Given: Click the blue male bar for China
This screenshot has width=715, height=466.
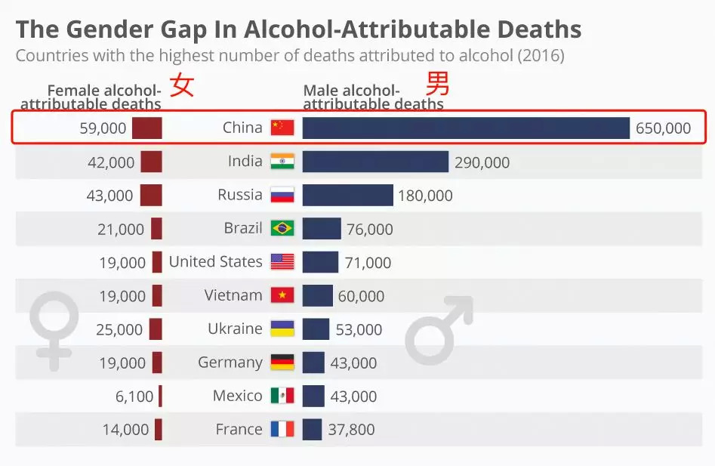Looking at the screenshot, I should [x=466, y=128].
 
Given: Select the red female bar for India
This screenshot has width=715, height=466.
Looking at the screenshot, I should [x=151, y=162].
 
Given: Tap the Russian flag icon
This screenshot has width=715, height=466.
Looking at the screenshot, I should [x=282, y=195].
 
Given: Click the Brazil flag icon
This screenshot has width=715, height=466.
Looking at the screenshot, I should [x=282, y=228].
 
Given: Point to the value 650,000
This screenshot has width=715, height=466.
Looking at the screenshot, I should [x=663, y=128].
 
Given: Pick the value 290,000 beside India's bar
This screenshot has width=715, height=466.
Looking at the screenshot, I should [x=482, y=162].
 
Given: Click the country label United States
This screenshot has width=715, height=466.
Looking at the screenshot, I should [x=216, y=262].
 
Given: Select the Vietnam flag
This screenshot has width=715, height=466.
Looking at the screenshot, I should [x=282, y=295].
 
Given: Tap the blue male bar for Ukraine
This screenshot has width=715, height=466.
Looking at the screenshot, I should [x=316, y=329].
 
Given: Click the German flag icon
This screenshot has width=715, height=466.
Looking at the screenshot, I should [x=282, y=363].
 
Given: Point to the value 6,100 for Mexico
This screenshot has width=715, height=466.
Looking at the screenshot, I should [x=137, y=397].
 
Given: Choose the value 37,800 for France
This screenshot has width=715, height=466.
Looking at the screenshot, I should [x=351, y=430].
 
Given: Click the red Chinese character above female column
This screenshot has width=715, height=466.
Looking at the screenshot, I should [x=181, y=85].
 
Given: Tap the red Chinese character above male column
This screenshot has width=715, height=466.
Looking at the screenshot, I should [x=439, y=83].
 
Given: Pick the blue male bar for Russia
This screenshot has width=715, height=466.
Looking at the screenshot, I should [x=347, y=195].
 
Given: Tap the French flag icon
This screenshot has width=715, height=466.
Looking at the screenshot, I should [x=282, y=430].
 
